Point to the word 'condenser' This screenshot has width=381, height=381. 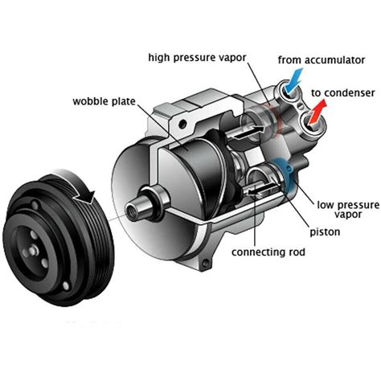(x=349, y=94)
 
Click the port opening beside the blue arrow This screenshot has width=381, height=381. (x=287, y=94)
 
